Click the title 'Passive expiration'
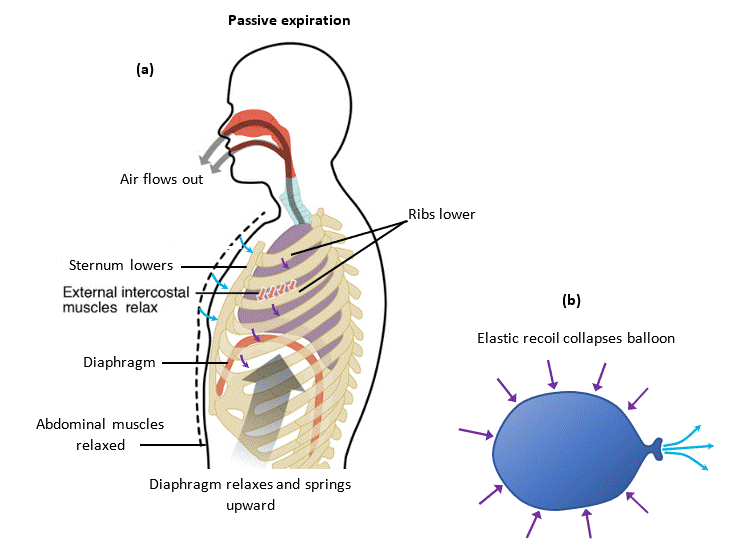click(288, 20)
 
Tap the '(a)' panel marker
click(145, 69)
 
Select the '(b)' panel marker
click(571, 299)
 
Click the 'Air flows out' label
click(161, 179)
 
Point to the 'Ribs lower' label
click(441, 215)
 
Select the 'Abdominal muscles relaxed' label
click(86, 434)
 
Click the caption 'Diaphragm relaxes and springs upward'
click(250, 493)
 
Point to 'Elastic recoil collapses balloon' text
click(575, 338)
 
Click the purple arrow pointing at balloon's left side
click(475, 433)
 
